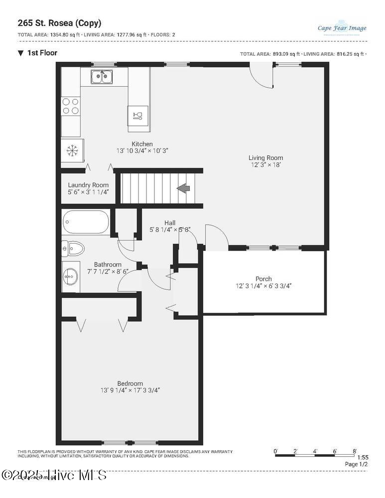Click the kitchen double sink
tap(102, 77)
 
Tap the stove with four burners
tap(70, 106)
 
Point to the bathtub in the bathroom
tap(86, 223)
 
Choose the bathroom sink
tap(71, 275)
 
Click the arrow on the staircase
tap(183, 188)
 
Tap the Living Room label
tap(265, 158)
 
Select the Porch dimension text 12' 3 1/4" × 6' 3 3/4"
tap(263, 286)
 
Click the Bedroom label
tap(129, 383)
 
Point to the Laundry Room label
tap(88, 185)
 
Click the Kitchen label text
tap(142, 144)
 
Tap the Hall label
tap(170, 223)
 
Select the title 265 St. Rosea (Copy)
tap(59, 23)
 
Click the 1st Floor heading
tap(42, 53)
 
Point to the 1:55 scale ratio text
tap(363, 457)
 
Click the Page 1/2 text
tap(357, 464)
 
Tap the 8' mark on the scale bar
tap(355, 451)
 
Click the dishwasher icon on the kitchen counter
tap(138, 116)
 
